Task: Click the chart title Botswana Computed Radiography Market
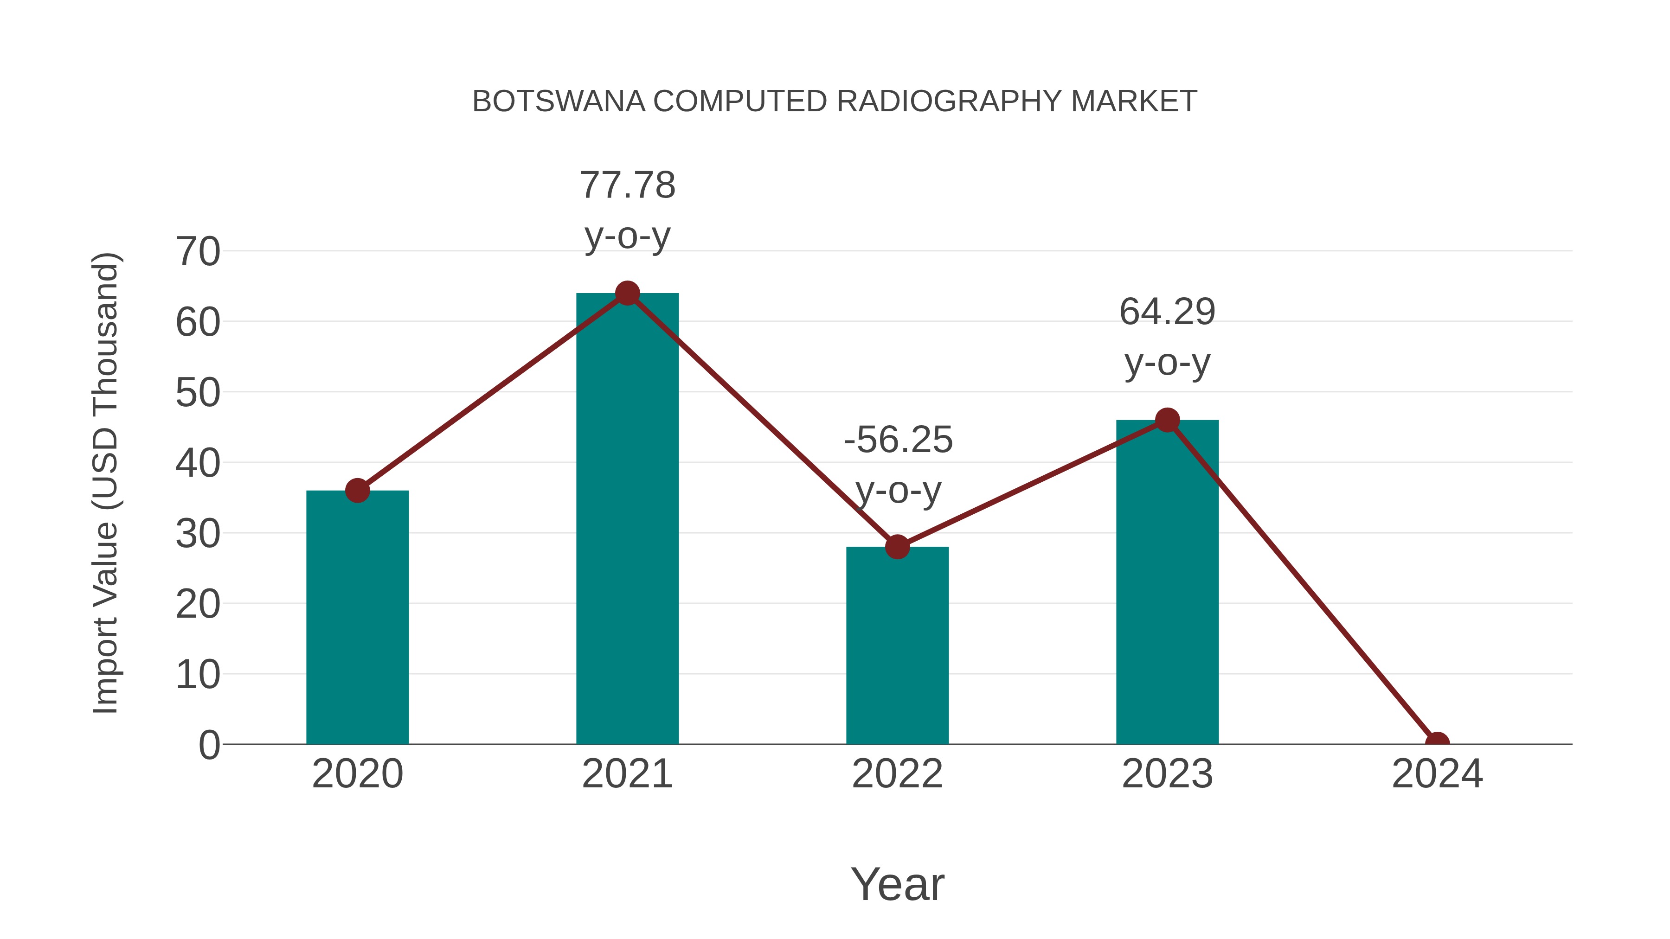835,102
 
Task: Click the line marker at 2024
1437,743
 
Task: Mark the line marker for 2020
357,491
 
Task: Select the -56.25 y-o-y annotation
898,465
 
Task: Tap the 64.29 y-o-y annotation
1167,337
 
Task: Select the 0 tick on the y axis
209,745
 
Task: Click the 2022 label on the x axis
897,774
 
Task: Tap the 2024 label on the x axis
1437,774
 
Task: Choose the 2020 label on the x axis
357,774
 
